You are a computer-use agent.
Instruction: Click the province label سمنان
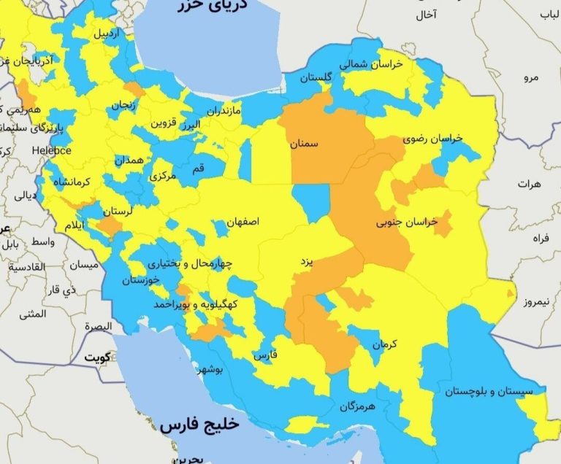point(304,144)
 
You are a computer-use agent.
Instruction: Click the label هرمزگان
point(356,406)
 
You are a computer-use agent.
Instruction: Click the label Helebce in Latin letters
point(51,150)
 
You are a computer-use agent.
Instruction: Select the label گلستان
point(317,77)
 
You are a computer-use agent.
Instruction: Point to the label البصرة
point(97,325)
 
